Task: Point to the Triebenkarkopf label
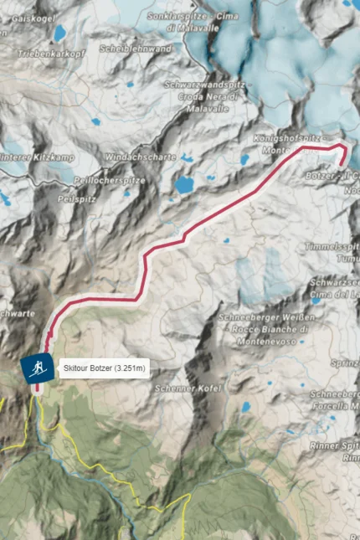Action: pos(50,54)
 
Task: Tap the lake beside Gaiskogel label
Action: pos(59,33)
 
